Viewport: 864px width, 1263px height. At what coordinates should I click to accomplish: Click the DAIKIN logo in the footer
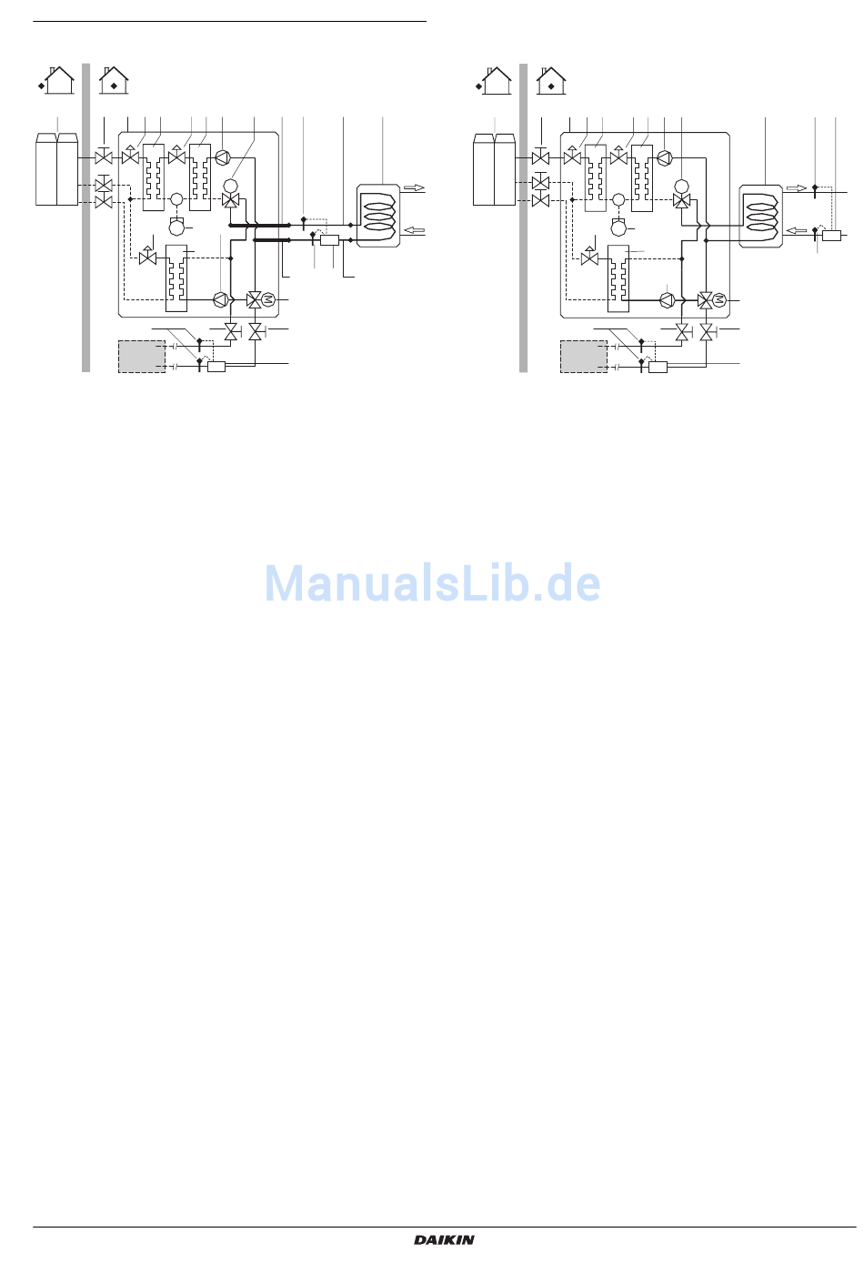pos(445,1239)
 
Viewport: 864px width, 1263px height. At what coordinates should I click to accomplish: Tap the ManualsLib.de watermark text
pos(432,584)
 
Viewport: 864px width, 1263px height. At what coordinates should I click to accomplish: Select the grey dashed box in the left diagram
pos(142,357)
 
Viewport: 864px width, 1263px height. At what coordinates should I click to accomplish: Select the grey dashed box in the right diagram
pos(584,357)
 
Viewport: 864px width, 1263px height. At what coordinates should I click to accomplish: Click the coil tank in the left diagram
pos(378,216)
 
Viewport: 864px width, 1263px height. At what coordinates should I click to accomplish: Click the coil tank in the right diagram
pos(761,216)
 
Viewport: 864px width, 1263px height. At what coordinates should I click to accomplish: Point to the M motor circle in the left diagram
pos(267,299)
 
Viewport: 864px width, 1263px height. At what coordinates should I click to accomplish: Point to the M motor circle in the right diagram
pos(718,299)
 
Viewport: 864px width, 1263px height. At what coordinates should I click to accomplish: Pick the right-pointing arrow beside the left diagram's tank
pos(414,188)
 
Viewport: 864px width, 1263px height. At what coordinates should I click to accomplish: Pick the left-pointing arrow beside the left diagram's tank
pos(414,230)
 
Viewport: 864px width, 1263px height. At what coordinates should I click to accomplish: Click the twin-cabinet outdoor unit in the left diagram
pos(56,170)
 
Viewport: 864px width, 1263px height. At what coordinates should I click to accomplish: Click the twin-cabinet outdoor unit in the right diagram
pos(494,170)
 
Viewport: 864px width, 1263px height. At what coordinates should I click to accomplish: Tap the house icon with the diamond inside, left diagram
pos(114,81)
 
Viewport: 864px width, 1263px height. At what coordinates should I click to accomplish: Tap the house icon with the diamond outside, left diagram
pos(57,81)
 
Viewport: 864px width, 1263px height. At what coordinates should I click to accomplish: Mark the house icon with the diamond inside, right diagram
pos(551,81)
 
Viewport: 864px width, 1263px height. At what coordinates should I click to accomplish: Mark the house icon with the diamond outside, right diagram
pos(495,81)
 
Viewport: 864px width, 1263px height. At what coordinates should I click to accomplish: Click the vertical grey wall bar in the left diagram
pos(86,218)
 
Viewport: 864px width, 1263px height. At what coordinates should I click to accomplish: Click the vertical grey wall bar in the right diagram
pos(524,218)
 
